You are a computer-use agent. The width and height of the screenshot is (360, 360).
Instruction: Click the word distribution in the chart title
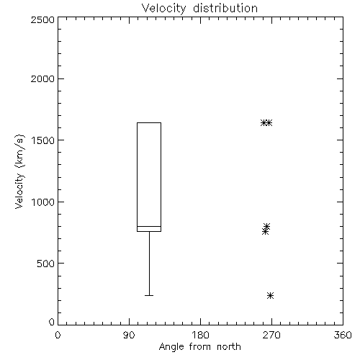click(225, 8)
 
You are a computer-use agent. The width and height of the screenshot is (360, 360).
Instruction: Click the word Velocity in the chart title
click(163, 9)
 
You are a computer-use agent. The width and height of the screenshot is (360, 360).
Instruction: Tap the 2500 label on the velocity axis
click(42, 19)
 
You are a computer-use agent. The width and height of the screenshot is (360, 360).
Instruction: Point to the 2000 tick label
click(42, 78)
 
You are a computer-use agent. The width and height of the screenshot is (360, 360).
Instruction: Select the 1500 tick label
click(43, 140)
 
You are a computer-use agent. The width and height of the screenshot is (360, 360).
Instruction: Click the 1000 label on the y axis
click(43, 202)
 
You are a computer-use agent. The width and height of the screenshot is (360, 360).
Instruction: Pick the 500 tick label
click(46, 264)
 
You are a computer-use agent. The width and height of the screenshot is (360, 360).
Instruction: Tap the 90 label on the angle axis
click(129, 335)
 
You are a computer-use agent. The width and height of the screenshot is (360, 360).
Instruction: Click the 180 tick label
click(200, 335)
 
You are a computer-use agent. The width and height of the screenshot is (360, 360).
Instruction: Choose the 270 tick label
click(271, 335)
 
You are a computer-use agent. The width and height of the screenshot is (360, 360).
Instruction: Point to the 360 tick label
click(343, 335)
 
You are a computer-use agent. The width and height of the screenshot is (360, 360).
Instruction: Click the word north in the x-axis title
click(229, 347)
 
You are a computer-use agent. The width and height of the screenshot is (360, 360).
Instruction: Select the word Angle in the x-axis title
click(171, 347)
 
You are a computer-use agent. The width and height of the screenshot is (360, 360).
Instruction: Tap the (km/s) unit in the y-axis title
click(19, 150)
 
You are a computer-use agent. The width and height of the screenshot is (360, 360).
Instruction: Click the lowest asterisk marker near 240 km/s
click(270, 295)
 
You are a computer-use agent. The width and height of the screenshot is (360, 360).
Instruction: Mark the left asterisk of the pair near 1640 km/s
click(264, 122)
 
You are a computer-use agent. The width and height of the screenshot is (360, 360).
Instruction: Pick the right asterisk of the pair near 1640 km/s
click(269, 122)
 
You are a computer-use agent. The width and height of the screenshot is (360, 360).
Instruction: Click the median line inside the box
click(149, 226)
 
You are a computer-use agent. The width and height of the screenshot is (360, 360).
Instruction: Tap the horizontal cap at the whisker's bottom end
click(149, 295)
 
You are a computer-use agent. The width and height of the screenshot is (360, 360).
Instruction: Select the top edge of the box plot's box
click(149, 122)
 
